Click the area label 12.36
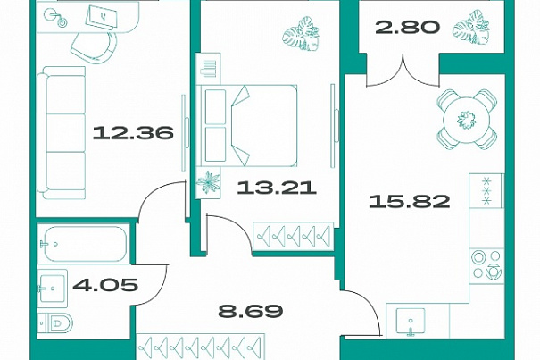coord(133,133)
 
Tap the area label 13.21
coord(277,188)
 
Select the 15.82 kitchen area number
coord(410,201)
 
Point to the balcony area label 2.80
coord(408,27)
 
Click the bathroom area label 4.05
coord(105,285)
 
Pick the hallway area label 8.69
coord(251,311)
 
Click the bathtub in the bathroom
coord(84,244)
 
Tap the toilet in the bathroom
coord(55,323)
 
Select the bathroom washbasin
coord(52,289)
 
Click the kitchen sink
coord(410,322)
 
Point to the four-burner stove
coord(486,264)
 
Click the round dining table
coord(467,120)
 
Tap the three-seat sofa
coord(62,133)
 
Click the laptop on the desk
coord(101,16)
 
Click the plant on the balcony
coord(472,28)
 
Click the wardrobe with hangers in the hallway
coord(201,347)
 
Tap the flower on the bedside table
coord(208,182)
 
